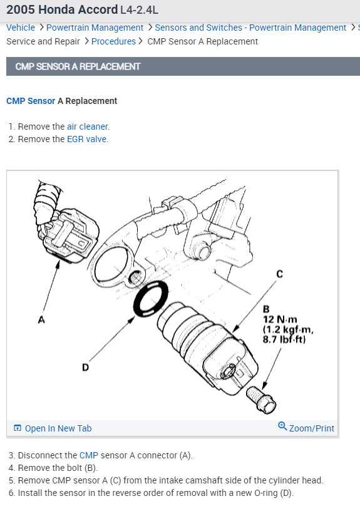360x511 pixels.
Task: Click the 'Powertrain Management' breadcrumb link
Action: tap(95, 28)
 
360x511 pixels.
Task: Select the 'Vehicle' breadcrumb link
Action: tap(21, 28)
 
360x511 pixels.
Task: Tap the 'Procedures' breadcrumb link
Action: tap(113, 41)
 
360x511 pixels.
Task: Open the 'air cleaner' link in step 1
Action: tap(87, 126)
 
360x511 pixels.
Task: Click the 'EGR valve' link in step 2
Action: tap(86, 139)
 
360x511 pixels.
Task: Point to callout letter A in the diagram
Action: tap(41, 320)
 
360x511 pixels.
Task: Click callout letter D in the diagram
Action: tap(85, 368)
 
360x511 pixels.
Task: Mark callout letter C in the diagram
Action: tap(279, 274)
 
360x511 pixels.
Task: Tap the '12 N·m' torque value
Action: tap(280, 319)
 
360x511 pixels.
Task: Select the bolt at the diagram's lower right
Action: tap(261, 400)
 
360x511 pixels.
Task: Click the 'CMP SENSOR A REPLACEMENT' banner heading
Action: tap(78, 66)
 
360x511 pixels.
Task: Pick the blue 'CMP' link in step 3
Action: tap(89, 455)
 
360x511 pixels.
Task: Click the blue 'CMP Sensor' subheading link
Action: tap(31, 101)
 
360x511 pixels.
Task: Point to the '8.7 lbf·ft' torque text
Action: tap(284, 339)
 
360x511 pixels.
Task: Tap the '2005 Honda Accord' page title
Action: tap(62, 10)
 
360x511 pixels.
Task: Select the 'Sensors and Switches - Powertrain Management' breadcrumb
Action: tap(250, 28)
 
